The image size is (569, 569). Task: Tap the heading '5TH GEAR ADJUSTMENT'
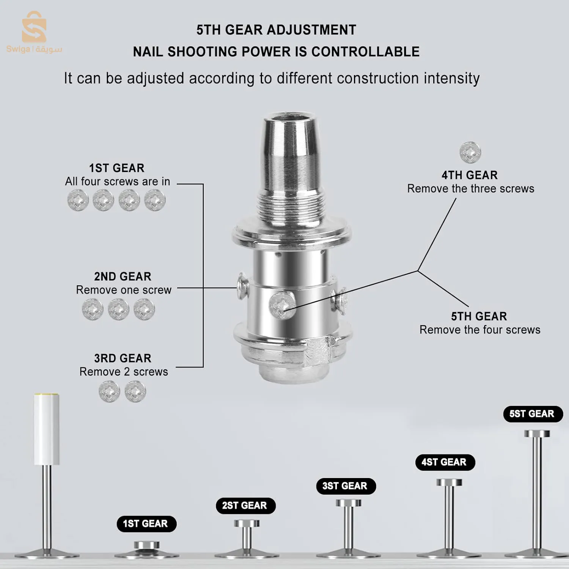point(276,30)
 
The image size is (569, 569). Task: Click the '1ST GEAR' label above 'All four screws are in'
point(117,168)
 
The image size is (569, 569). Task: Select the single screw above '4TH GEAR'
point(470,152)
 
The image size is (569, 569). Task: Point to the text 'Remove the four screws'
point(480,330)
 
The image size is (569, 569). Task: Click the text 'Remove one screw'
point(124,290)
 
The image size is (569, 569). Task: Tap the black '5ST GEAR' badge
point(533,414)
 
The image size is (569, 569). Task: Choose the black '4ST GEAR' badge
point(445,462)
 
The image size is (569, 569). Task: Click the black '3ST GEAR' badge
point(346,486)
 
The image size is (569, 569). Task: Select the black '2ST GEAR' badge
point(245,506)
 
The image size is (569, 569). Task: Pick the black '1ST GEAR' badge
point(146,524)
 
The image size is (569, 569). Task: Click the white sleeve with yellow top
point(46,429)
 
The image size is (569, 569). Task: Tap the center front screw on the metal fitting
point(282,305)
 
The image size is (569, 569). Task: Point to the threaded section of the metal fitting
point(291,207)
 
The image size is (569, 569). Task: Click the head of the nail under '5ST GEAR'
point(537,434)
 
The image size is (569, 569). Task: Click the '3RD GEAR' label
point(123,358)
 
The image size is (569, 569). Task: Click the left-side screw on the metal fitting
point(242,285)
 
